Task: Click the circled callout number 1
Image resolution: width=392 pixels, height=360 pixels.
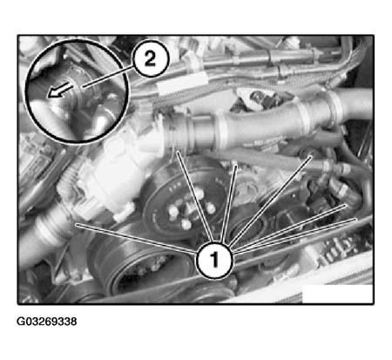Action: click(214, 260)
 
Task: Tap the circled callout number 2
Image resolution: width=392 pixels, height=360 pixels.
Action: click(150, 60)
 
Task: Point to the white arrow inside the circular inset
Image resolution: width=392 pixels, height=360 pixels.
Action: click(59, 90)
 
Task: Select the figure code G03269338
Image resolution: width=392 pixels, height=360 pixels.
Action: click(47, 322)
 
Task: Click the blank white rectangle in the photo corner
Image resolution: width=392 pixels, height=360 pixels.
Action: click(337, 294)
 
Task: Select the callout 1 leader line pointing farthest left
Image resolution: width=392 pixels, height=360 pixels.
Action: click(136, 238)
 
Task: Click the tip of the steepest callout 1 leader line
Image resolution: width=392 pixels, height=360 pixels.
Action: click(236, 165)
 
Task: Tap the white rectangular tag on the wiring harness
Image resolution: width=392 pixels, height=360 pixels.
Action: click(182, 84)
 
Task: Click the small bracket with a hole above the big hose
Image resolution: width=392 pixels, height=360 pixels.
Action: click(250, 98)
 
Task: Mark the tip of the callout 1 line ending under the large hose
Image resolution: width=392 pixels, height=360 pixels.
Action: click(177, 151)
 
